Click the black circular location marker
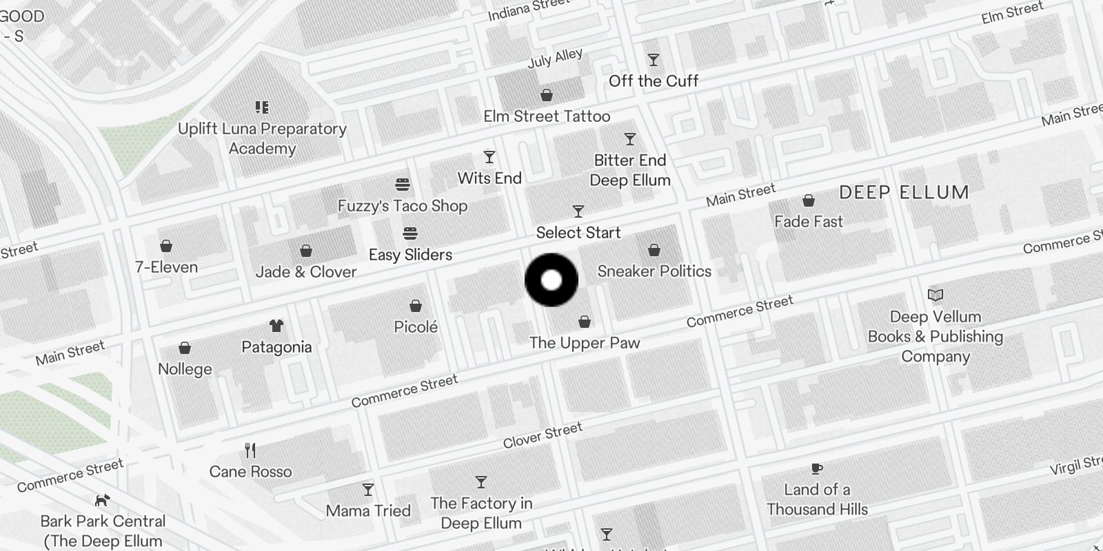click(x=551, y=280)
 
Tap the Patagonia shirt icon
click(x=276, y=326)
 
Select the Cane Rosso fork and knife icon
click(x=250, y=450)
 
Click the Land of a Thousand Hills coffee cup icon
click(x=817, y=469)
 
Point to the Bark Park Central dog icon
click(x=103, y=500)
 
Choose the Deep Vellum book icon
click(x=935, y=295)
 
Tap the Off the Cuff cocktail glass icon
click(x=654, y=60)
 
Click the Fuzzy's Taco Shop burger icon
click(x=403, y=185)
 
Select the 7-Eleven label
click(x=167, y=267)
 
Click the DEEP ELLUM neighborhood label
click(x=904, y=193)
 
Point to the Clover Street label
click(x=543, y=435)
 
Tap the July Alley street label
click(x=555, y=58)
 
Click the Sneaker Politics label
click(x=654, y=271)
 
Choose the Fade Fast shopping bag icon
click(x=809, y=200)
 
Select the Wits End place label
click(x=489, y=178)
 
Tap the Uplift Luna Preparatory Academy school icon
click(x=262, y=107)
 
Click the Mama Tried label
click(x=368, y=511)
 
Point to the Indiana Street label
click(x=528, y=10)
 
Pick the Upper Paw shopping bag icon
click(x=585, y=322)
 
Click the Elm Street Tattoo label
click(x=547, y=116)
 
